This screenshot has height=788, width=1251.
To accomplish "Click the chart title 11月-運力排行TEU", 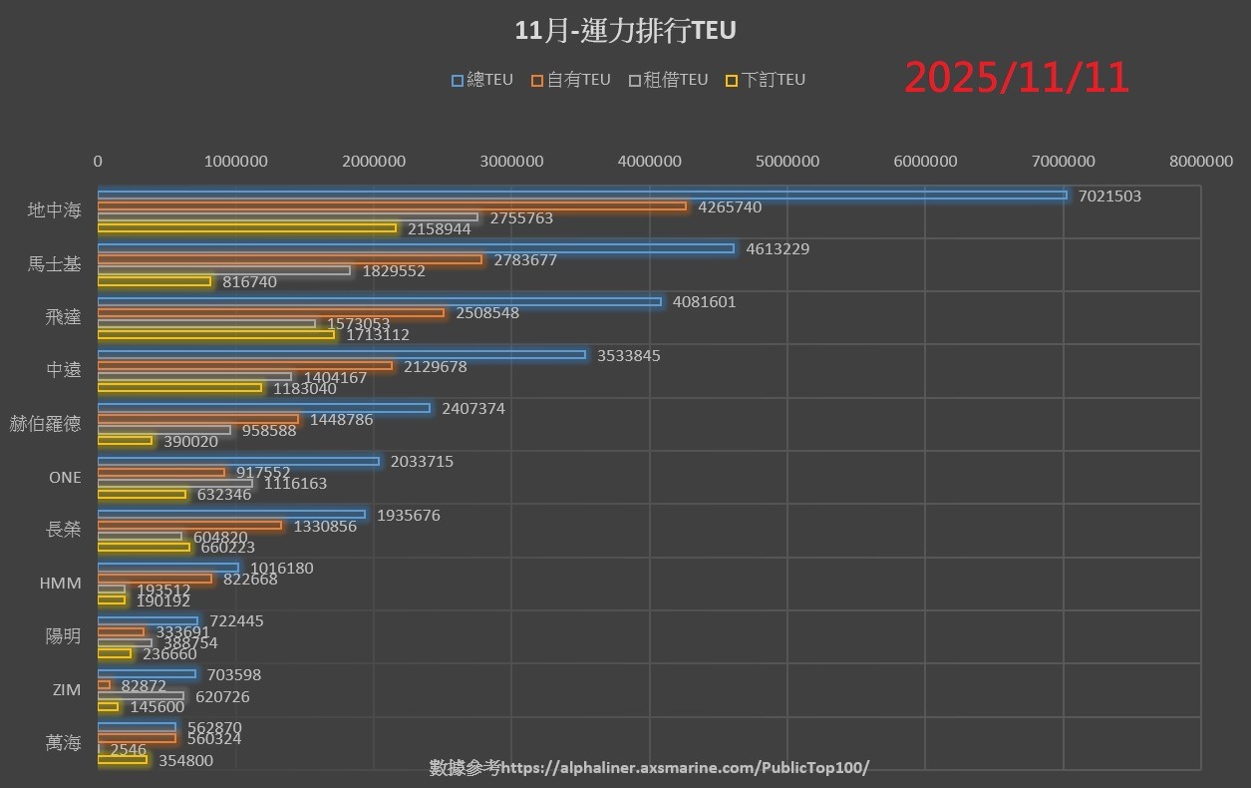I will pos(625,31).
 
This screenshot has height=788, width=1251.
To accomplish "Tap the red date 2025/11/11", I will pos(1017,78).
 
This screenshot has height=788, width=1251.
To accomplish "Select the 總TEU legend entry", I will pos(482,80).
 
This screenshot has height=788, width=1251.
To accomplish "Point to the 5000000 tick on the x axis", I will pos(787,161).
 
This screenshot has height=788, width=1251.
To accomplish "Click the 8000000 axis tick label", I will pos(1200,161).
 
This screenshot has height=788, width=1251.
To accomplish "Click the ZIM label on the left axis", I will pos(66,690).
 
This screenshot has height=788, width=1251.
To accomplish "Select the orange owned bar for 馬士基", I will pos(289,259).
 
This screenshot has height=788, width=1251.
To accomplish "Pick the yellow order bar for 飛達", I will pos(215,334).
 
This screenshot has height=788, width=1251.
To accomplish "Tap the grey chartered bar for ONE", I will pos(174,483).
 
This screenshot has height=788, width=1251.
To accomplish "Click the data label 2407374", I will pos(473,409).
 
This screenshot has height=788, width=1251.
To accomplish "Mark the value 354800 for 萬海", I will pos(185,761).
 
